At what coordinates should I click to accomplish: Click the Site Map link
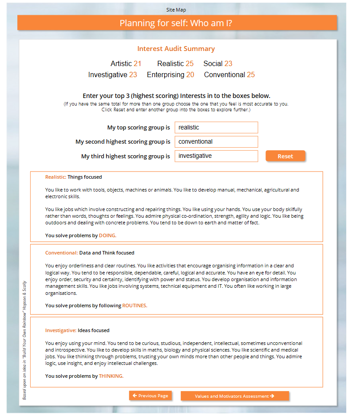(176, 9)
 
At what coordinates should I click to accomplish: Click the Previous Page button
(150, 396)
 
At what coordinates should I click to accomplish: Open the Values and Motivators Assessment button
(234, 396)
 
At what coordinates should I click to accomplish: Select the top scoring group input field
(216, 128)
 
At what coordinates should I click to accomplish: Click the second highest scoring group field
(216, 142)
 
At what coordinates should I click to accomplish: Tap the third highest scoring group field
(216, 156)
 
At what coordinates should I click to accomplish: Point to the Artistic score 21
(137, 64)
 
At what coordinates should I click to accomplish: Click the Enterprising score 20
(190, 75)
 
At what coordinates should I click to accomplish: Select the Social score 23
(228, 64)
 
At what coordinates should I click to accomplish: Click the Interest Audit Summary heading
(176, 49)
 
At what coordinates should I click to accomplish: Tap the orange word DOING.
(107, 235)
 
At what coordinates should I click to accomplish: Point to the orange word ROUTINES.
(135, 305)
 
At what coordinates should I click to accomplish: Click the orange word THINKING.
(111, 376)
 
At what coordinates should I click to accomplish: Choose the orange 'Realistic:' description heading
(55, 177)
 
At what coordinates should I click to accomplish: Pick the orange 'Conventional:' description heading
(61, 253)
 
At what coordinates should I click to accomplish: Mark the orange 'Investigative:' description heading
(60, 330)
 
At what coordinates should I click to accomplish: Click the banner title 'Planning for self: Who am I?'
(176, 23)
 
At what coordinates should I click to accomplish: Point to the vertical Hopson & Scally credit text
(25, 340)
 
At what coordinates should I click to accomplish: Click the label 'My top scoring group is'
(138, 128)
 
